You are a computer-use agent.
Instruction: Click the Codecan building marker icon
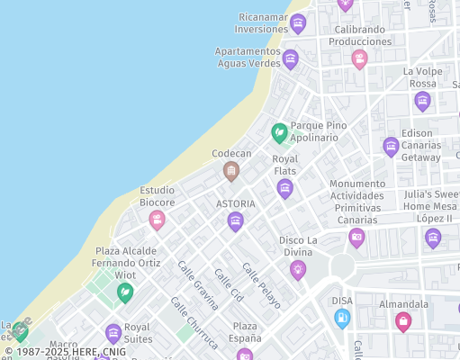pos(231,171)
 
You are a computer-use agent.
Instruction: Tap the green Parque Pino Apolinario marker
pos(280,133)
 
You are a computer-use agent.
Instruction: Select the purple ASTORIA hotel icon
pos(236,221)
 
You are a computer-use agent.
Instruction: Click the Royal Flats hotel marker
pos(285,188)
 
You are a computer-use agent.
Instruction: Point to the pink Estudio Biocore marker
pos(158,220)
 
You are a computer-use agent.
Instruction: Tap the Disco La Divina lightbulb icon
pos(298,270)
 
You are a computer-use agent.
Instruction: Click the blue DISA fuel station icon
pos(342,318)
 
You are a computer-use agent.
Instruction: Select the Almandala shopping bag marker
pos(403,321)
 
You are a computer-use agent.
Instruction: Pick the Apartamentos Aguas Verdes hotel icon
pos(290,59)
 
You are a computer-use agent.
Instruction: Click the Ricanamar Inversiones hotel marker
pos(298,23)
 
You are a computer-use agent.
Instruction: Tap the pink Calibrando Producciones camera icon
pos(360,59)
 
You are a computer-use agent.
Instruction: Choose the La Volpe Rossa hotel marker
pos(422,101)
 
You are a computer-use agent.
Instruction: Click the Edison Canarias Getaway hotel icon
pos(391,146)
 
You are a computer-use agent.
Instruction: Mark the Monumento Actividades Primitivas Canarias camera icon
pos(357,238)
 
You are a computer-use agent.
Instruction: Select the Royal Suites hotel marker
pos(113,333)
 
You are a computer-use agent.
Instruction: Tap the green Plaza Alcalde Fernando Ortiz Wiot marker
pos(125,292)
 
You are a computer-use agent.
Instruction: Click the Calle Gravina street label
pos(198,286)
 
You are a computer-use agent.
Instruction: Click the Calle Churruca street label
pos(194,322)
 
